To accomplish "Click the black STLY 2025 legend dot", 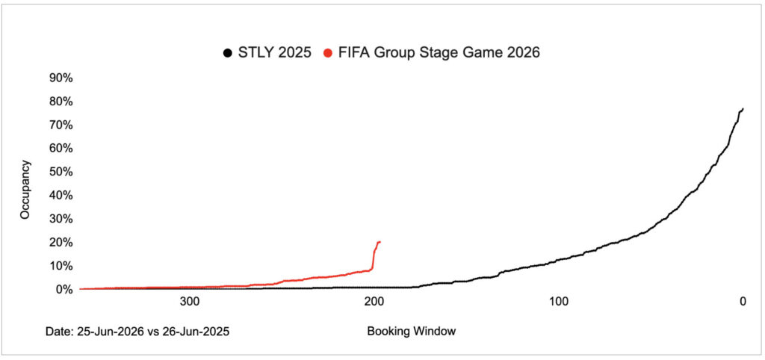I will pos(226,53).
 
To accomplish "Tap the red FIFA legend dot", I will pos(327,53).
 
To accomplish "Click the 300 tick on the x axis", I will pos(190,302).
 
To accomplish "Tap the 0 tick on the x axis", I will pos(743,302).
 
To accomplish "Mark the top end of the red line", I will pos(380,241).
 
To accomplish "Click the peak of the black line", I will pos(743,109).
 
